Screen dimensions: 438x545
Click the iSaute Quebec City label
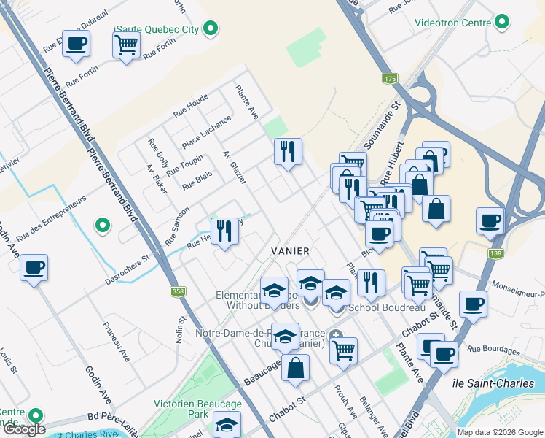coord(156,29)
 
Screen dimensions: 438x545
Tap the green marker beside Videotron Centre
coord(501,23)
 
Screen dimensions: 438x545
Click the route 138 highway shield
coord(496,252)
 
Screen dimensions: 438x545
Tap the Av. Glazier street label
coord(235,168)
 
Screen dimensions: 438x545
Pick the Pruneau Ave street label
coord(116,343)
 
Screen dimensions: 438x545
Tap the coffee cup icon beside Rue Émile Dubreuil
coord(76,43)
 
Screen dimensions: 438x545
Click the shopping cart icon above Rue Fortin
coord(126,45)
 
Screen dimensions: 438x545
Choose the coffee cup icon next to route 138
coord(490,220)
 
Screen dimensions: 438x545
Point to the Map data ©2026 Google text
coord(500,432)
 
